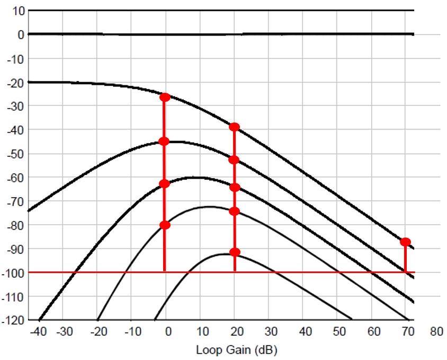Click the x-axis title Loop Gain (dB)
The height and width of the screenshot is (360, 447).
[237, 350]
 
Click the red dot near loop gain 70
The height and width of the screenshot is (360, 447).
[405, 242]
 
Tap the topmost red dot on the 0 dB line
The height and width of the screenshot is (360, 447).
[165, 97]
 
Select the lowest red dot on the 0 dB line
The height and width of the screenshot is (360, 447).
[165, 225]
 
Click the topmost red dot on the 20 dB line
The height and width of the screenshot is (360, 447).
[234, 127]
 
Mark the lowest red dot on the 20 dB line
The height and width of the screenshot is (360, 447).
[235, 252]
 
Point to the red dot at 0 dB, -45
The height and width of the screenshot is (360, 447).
[164, 141]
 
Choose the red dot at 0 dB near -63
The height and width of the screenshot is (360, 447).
[164, 184]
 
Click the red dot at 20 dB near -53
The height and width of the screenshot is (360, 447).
[234, 160]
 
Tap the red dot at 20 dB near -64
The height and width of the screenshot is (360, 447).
[235, 187]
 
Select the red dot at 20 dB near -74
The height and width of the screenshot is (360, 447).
[235, 211]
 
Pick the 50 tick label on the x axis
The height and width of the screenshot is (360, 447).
[339, 332]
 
